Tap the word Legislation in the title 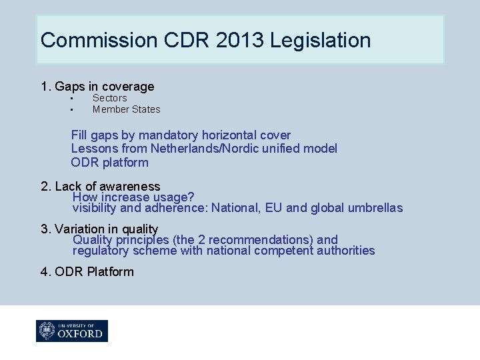point(321,40)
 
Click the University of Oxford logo point(72,331)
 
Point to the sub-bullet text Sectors point(109,98)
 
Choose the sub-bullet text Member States point(126,109)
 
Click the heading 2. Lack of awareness point(101,187)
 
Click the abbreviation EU point(273,208)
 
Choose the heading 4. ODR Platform point(87,272)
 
